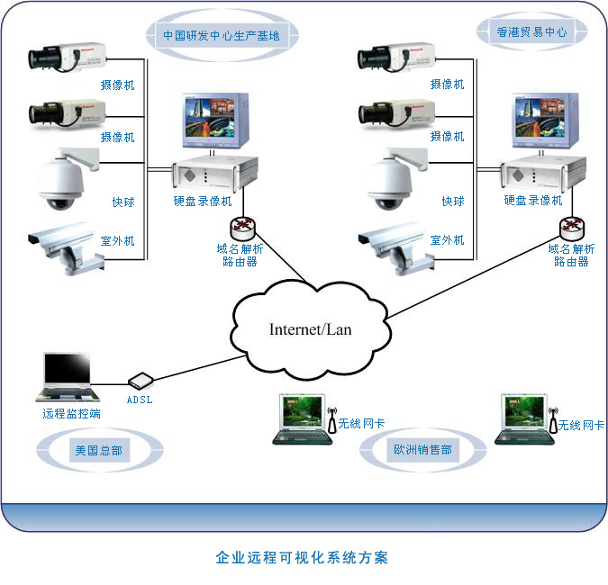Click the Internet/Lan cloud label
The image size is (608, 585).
310,329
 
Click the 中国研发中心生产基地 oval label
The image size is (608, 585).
221,37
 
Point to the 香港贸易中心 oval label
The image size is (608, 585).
531,31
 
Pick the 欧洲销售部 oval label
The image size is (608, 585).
422,449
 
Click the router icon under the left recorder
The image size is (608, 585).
241,227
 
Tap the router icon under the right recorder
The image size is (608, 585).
569,227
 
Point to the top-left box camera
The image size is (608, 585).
65,58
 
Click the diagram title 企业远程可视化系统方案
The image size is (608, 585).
303,558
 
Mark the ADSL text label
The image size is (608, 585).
141,398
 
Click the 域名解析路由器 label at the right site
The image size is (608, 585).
571,255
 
